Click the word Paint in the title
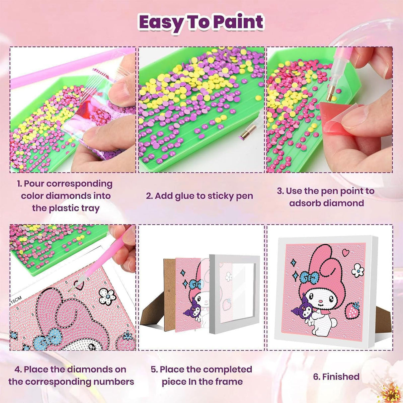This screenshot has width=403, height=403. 238,22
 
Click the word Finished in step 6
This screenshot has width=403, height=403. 341,377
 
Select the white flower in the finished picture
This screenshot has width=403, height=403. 358,270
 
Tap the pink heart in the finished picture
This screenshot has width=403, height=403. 346,252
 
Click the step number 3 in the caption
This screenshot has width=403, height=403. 280,191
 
